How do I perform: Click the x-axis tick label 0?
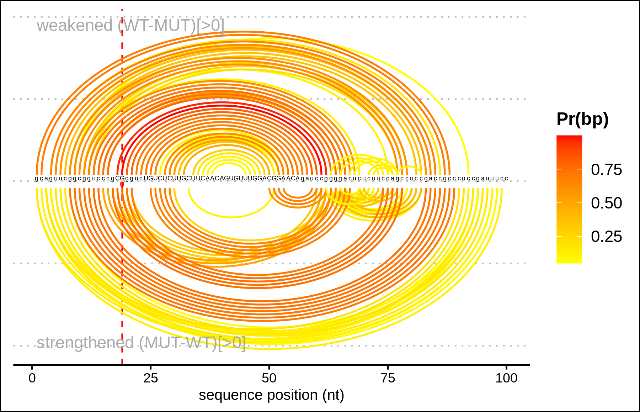pos(32,378)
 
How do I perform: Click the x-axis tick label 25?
pos(150,378)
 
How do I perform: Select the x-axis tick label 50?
pos(269,378)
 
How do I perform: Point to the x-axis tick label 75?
pos(388,378)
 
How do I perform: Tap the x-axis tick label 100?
pos(506,378)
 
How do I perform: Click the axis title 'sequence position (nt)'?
pos(271,395)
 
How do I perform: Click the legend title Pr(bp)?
pos(582,119)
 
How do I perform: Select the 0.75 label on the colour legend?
pos(606,170)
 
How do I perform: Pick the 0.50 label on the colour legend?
pos(606,203)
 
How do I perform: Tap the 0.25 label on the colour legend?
pos(606,237)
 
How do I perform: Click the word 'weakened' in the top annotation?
pos(75,26)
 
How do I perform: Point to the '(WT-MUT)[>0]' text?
pos(171,26)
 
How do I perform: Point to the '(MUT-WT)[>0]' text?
pos(192,343)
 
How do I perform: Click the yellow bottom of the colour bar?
pos(569,261)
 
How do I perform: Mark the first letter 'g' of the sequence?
pos(37,178)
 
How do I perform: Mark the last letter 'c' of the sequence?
pos(506,178)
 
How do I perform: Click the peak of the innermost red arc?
pos(221,103)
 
